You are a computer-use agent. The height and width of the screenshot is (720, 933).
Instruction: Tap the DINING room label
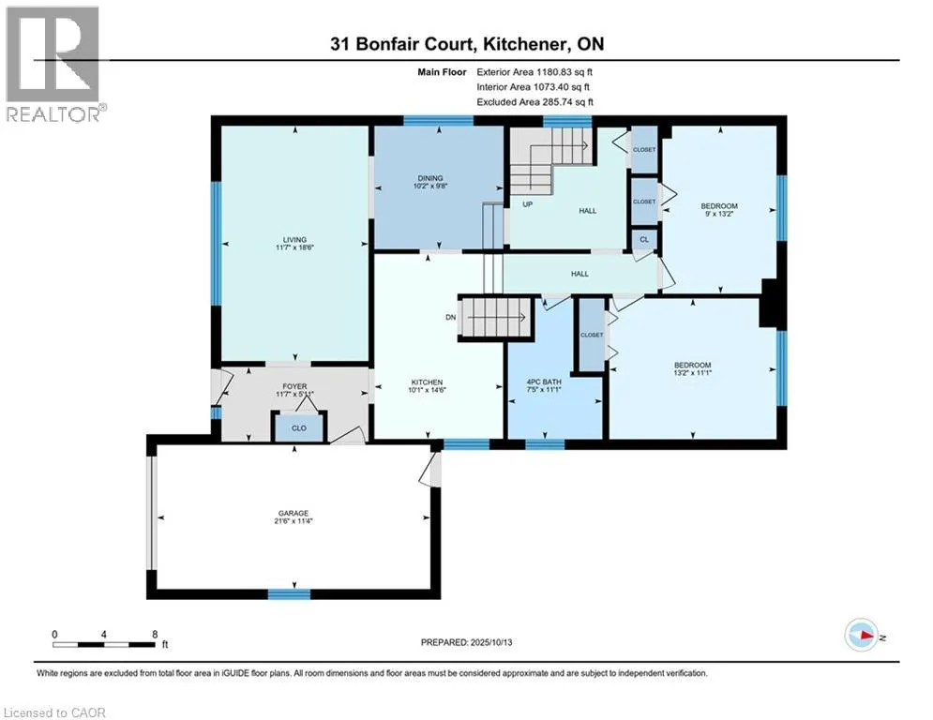coord(430,178)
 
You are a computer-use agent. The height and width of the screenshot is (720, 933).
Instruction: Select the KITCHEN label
coord(427,382)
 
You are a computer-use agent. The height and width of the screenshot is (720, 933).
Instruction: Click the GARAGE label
coord(293,514)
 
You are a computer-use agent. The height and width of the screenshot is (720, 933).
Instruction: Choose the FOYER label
coord(295,385)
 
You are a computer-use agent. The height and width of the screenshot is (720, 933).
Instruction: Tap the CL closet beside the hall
coord(643,239)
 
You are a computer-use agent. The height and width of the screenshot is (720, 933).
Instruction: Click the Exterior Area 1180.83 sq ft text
coord(534,71)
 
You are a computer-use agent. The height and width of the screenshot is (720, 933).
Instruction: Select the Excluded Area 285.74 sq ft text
coord(534,101)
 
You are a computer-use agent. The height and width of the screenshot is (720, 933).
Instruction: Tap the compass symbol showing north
coord(860,636)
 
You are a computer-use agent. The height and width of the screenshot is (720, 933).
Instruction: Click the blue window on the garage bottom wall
coord(289,593)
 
